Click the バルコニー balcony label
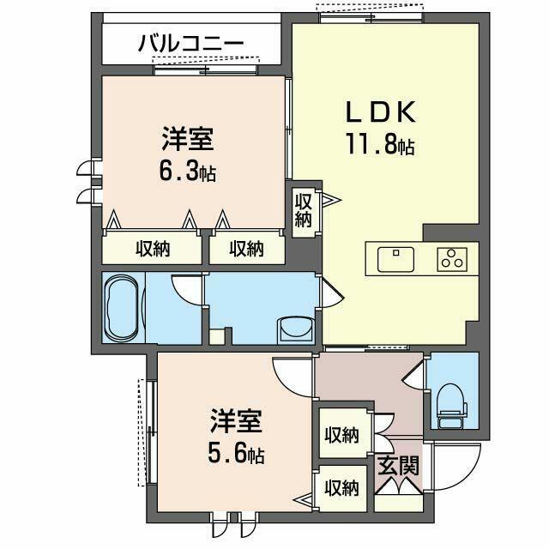point(190,43)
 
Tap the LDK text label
point(381,112)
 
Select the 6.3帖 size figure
point(187,171)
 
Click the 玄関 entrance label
point(399,468)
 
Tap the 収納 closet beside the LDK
point(304,210)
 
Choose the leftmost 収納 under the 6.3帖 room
point(152,250)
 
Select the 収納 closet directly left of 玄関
point(341,436)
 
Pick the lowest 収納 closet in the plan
point(341,489)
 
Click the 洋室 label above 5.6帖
point(235,421)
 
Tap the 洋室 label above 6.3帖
point(186,138)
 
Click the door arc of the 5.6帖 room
point(292,373)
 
